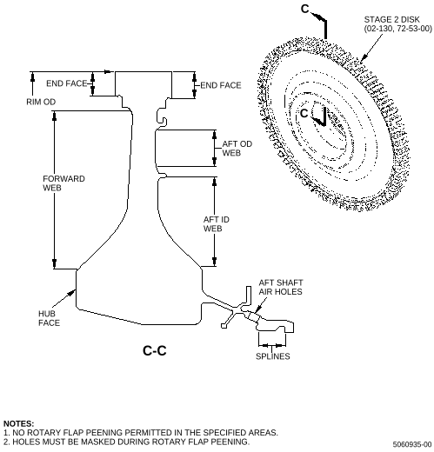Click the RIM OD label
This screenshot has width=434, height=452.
[41, 102]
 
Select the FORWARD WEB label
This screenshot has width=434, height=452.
[63, 183]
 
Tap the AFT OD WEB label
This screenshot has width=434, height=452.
[237, 149]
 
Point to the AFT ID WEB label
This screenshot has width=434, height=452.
[217, 224]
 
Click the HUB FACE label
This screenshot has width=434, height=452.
[49, 318]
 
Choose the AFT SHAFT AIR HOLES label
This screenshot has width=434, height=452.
[281, 287]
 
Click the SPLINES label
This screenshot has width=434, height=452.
[273, 356]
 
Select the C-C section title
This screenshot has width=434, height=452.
[155, 350]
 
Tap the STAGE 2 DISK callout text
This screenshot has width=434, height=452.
[398, 24]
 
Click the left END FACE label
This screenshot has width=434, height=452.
[67, 83]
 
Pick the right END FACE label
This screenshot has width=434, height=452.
[221, 85]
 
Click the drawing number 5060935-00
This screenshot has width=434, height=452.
[412, 444]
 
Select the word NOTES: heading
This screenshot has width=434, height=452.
[18, 423]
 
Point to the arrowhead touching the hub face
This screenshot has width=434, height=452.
[72, 292]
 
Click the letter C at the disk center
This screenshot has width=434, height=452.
[304, 113]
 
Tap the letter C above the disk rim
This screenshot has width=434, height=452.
[305, 9]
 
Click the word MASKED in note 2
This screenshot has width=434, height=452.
[100, 442]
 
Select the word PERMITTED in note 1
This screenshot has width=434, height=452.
[148, 433]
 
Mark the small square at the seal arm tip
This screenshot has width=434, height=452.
[224, 326]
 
